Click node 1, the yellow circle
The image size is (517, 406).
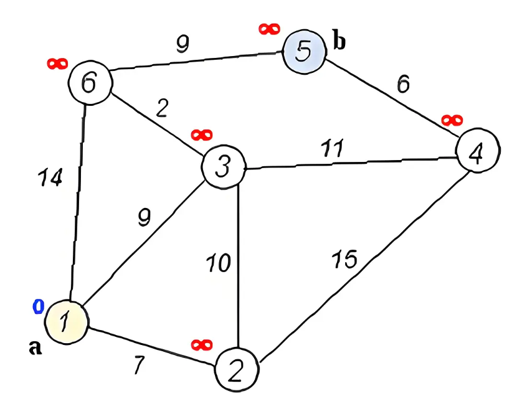click(x=65, y=321)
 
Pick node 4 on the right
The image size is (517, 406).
click(x=477, y=152)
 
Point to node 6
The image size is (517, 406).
click(x=89, y=82)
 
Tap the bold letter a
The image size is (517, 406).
click(x=36, y=347)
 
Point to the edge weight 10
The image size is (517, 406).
click(x=219, y=263)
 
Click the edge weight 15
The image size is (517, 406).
click(x=345, y=259)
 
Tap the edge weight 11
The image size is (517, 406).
click(x=331, y=148)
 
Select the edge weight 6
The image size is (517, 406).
click(x=403, y=83)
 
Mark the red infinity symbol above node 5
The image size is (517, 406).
click(x=269, y=29)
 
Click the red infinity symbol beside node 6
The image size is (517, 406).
click(x=57, y=63)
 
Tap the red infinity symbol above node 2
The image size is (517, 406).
click(x=202, y=344)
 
